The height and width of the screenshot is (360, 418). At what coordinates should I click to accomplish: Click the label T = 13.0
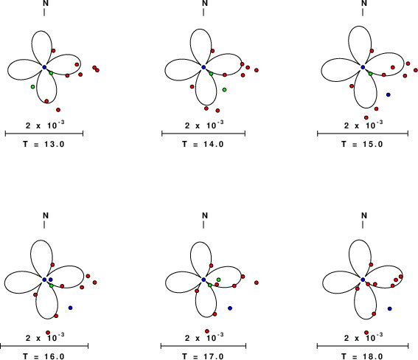[x=43, y=145]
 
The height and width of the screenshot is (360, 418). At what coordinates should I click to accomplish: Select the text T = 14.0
[x=203, y=145]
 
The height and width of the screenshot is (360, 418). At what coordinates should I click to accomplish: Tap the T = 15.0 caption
[x=362, y=145]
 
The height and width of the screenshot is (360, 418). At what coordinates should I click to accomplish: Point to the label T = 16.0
[x=43, y=356]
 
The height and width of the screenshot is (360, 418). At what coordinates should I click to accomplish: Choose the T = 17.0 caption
[x=203, y=356]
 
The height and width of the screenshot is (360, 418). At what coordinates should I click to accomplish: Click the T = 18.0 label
[x=362, y=356]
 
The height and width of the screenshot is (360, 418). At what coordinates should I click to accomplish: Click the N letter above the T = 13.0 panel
[x=46, y=3]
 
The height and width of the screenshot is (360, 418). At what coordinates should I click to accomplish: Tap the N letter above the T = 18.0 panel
[x=364, y=215]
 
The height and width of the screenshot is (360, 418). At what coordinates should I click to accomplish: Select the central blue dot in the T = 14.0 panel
[x=203, y=67]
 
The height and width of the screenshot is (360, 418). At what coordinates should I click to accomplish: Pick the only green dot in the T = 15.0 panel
[x=371, y=74]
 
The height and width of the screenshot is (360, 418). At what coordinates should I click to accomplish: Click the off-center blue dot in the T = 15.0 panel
[x=389, y=94]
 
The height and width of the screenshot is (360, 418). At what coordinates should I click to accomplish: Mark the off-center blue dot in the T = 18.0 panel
[x=390, y=308]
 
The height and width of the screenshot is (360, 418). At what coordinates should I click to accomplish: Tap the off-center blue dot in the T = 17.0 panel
[x=230, y=308]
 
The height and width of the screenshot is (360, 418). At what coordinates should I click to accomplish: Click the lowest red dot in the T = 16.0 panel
[x=48, y=333]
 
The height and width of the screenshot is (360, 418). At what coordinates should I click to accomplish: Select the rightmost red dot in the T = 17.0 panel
[x=257, y=283]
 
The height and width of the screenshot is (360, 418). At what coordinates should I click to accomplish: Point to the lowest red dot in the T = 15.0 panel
[x=366, y=117]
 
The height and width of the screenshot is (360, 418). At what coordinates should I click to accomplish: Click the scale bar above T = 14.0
[x=203, y=134]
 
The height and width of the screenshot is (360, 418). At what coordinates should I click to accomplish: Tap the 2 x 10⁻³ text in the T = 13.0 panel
[x=45, y=125]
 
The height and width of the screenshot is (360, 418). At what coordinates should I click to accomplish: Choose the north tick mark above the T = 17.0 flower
[x=203, y=225]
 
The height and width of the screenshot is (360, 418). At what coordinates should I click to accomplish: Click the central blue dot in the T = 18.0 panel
[x=363, y=280]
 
